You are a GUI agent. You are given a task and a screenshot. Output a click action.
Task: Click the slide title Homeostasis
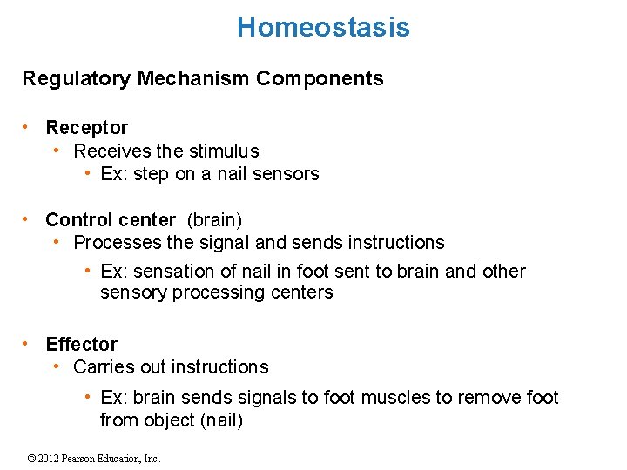[322, 28]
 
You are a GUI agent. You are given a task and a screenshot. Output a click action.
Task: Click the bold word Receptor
[86, 128]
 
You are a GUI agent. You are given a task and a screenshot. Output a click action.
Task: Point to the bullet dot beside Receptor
[28, 127]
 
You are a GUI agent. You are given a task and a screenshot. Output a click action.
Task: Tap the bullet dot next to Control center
[28, 218]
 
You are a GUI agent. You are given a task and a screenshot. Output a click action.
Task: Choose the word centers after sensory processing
[301, 292]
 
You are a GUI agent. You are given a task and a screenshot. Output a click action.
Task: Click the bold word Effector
[81, 345]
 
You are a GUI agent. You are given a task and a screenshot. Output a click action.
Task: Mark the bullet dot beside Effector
[28, 344]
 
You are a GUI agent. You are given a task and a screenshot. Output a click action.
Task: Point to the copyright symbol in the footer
[32, 459]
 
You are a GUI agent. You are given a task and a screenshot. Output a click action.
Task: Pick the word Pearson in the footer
[84, 459]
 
